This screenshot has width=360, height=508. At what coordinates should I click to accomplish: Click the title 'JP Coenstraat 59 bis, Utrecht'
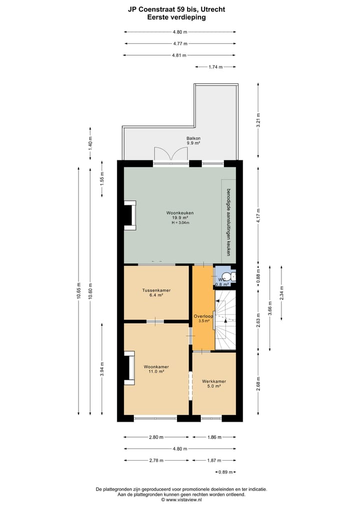[x=179, y=9]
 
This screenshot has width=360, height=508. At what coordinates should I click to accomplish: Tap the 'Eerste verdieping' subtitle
[x=179, y=17]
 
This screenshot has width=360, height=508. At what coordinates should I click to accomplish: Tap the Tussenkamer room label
[x=156, y=292]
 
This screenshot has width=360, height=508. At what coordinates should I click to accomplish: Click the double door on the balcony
[x=170, y=154]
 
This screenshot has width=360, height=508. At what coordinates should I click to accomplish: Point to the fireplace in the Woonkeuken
[x=129, y=216]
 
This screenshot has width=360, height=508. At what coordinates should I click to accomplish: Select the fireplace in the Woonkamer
[x=129, y=368]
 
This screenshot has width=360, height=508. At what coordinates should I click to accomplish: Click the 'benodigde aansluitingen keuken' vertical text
[x=228, y=222]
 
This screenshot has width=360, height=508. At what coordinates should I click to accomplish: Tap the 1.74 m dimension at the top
[x=215, y=67]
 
